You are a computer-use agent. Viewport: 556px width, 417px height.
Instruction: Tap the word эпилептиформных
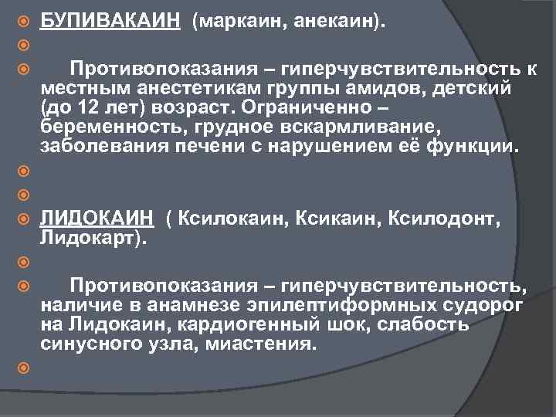coord(304,306)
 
